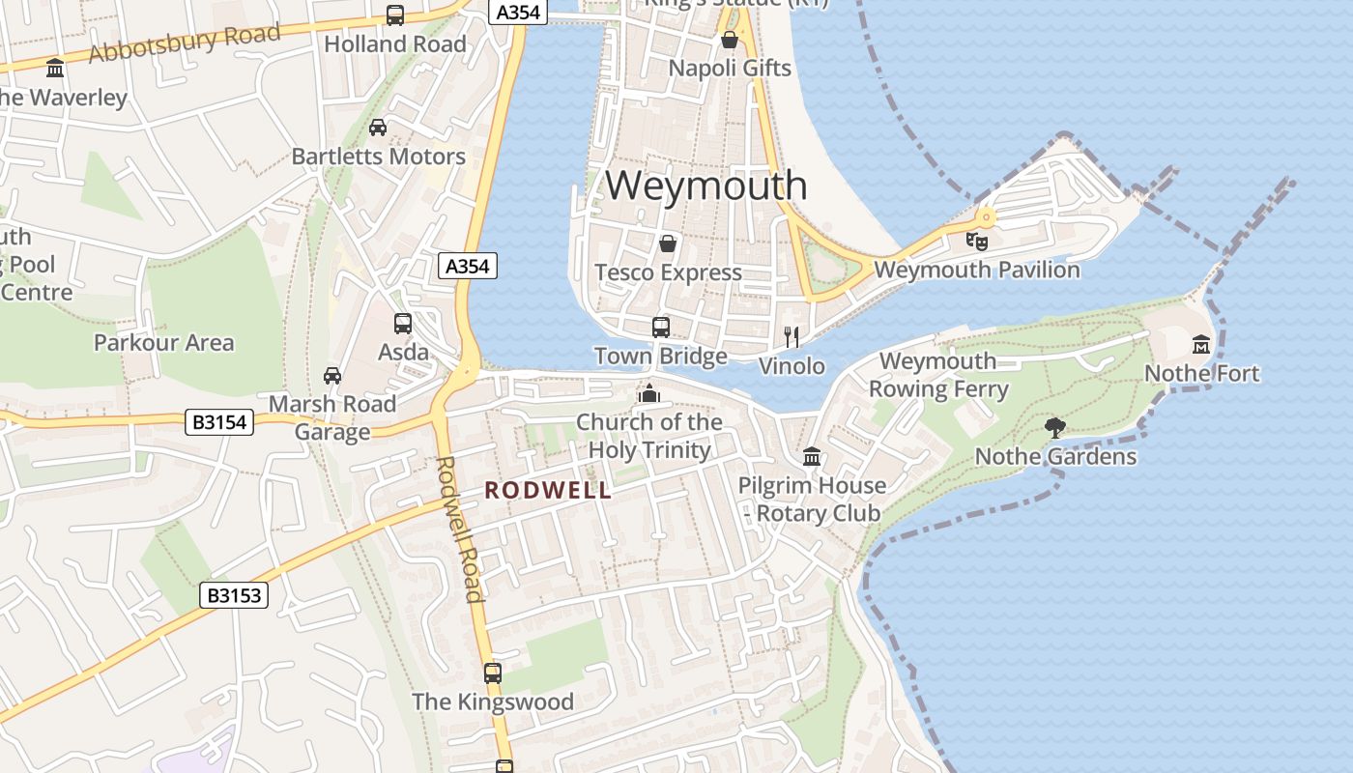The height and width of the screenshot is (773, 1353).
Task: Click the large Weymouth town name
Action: coord(706,186)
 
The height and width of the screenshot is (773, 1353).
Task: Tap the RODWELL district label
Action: coord(548,490)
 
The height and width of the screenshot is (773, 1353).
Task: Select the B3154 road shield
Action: coord(219,422)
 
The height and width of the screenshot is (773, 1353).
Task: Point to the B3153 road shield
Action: coord(235,595)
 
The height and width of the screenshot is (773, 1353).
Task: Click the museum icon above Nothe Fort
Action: coord(1201,344)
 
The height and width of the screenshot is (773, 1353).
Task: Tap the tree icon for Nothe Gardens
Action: coord(1054,427)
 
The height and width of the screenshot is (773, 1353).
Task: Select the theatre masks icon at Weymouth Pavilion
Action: coord(977,241)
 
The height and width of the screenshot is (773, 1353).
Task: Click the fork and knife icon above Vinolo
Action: coord(792,336)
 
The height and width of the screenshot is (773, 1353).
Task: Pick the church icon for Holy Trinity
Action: coord(649,393)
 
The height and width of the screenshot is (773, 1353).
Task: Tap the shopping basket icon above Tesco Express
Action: coord(667,243)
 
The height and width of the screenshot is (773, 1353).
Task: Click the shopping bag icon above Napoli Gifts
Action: coord(730,40)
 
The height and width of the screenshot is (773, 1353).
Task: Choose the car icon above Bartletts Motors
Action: coord(378,127)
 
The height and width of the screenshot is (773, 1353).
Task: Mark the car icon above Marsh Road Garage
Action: coord(332,375)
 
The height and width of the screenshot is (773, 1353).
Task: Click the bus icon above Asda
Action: coord(403,324)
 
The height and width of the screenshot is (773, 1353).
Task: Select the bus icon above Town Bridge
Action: coord(661,327)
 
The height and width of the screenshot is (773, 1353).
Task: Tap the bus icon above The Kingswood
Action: coord(493,673)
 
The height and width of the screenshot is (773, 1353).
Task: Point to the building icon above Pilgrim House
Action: coord(812,456)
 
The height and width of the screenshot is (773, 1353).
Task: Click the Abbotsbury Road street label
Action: coord(184,43)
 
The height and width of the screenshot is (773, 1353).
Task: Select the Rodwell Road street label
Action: coord(459,529)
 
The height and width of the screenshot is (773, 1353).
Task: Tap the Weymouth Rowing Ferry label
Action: coord(938,375)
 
